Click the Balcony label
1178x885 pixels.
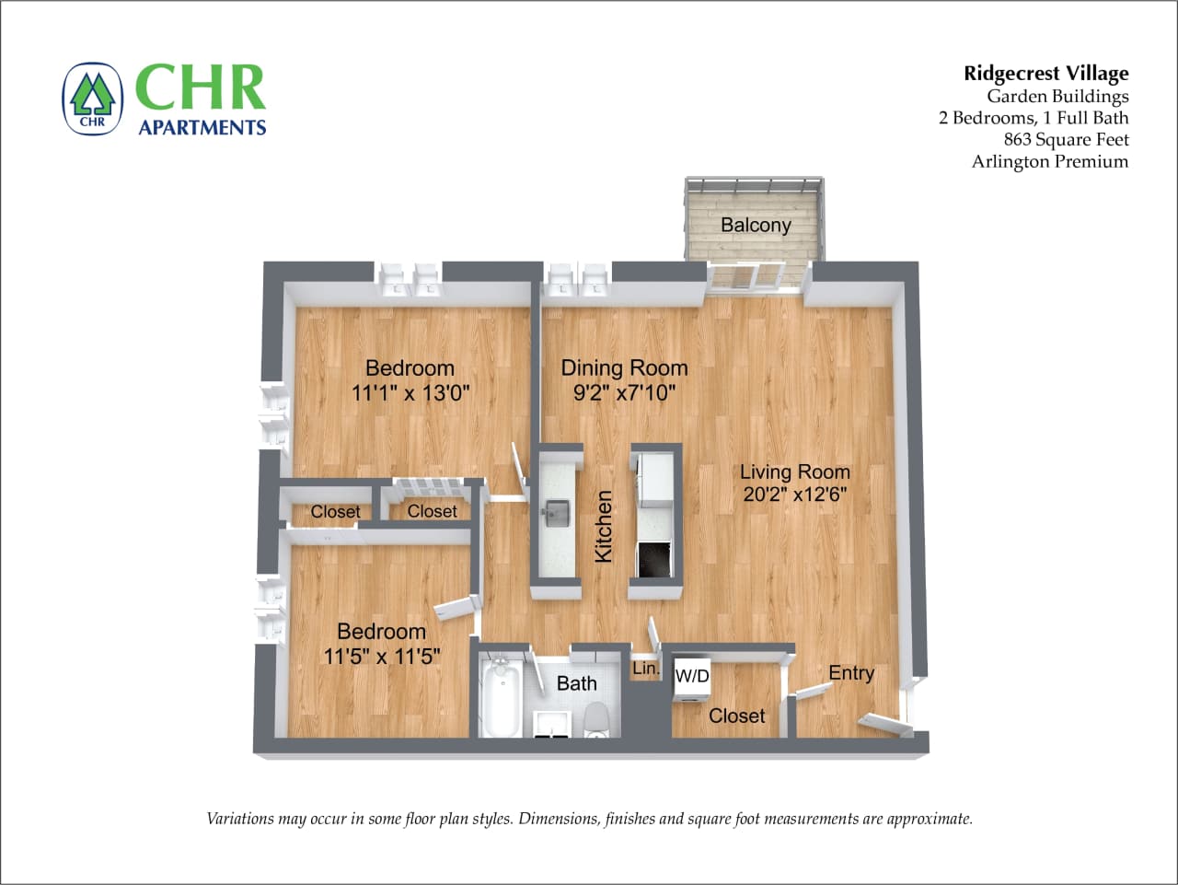click(x=756, y=225)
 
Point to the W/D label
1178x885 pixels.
click(x=692, y=676)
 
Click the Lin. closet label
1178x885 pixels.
click(x=646, y=669)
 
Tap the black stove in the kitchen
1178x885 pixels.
click(x=654, y=559)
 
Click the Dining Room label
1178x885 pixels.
click(x=624, y=367)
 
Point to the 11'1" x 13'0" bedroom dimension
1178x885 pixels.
click(x=410, y=393)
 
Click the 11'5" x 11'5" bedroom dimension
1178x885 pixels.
click(x=382, y=657)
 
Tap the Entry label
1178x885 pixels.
click(x=850, y=672)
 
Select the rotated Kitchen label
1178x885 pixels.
click(x=603, y=526)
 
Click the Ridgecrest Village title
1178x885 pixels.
click(x=1045, y=73)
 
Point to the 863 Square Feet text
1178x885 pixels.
click(x=1066, y=139)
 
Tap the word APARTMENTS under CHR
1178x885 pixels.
click(x=202, y=127)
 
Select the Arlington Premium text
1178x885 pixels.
click(x=1049, y=161)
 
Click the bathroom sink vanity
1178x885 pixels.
click(x=552, y=722)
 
